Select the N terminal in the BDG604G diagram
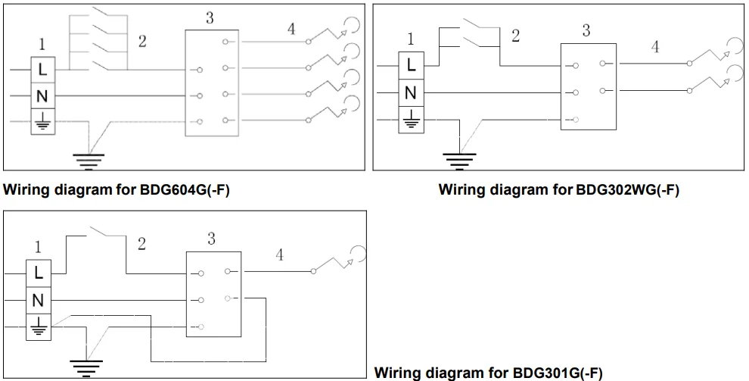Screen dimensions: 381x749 [42, 96]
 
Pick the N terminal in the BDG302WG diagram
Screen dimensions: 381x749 [411, 92]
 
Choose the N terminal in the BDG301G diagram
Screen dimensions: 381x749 [39, 300]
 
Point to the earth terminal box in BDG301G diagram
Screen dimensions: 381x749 [39, 326]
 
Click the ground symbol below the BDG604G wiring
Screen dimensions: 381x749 [89, 159]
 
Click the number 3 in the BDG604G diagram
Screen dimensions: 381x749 [210, 17]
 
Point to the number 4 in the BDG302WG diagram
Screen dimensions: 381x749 [655, 47]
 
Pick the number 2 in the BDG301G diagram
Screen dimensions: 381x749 [141, 244]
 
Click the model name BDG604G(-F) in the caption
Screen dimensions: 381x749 [185, 190]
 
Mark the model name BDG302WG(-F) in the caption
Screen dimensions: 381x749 [627, 190]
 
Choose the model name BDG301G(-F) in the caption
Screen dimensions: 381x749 [558, 373]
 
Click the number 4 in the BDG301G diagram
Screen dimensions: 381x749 [279, 255]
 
